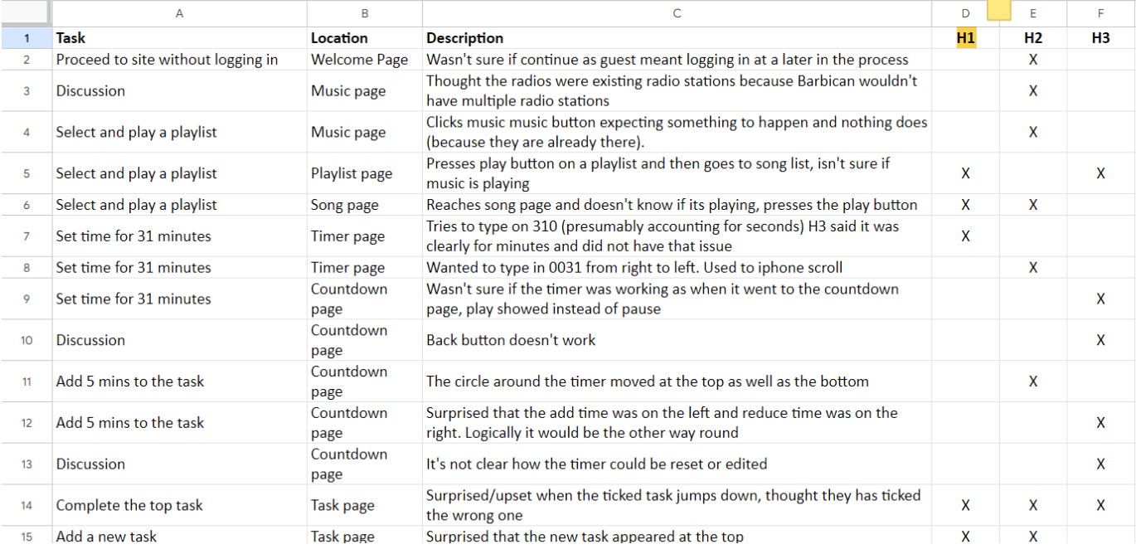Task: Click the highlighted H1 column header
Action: (x=965, y=38)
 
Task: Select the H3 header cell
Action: (x=1100, y=38)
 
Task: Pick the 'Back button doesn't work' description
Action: (x=511, y=340)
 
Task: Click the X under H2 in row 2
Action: (x=1033, y=60)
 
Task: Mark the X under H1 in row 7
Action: (x=965, y=236)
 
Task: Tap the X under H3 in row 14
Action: (x=1100, y=505)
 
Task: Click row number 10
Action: (x=27, y=340)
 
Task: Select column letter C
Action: (x=677, y=14)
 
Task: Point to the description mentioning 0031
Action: (x=634, y=267)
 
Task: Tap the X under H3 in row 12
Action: (x=1100, y=423)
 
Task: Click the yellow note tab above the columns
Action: (x=998, y=10)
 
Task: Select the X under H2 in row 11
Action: (x=1033, y=381)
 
